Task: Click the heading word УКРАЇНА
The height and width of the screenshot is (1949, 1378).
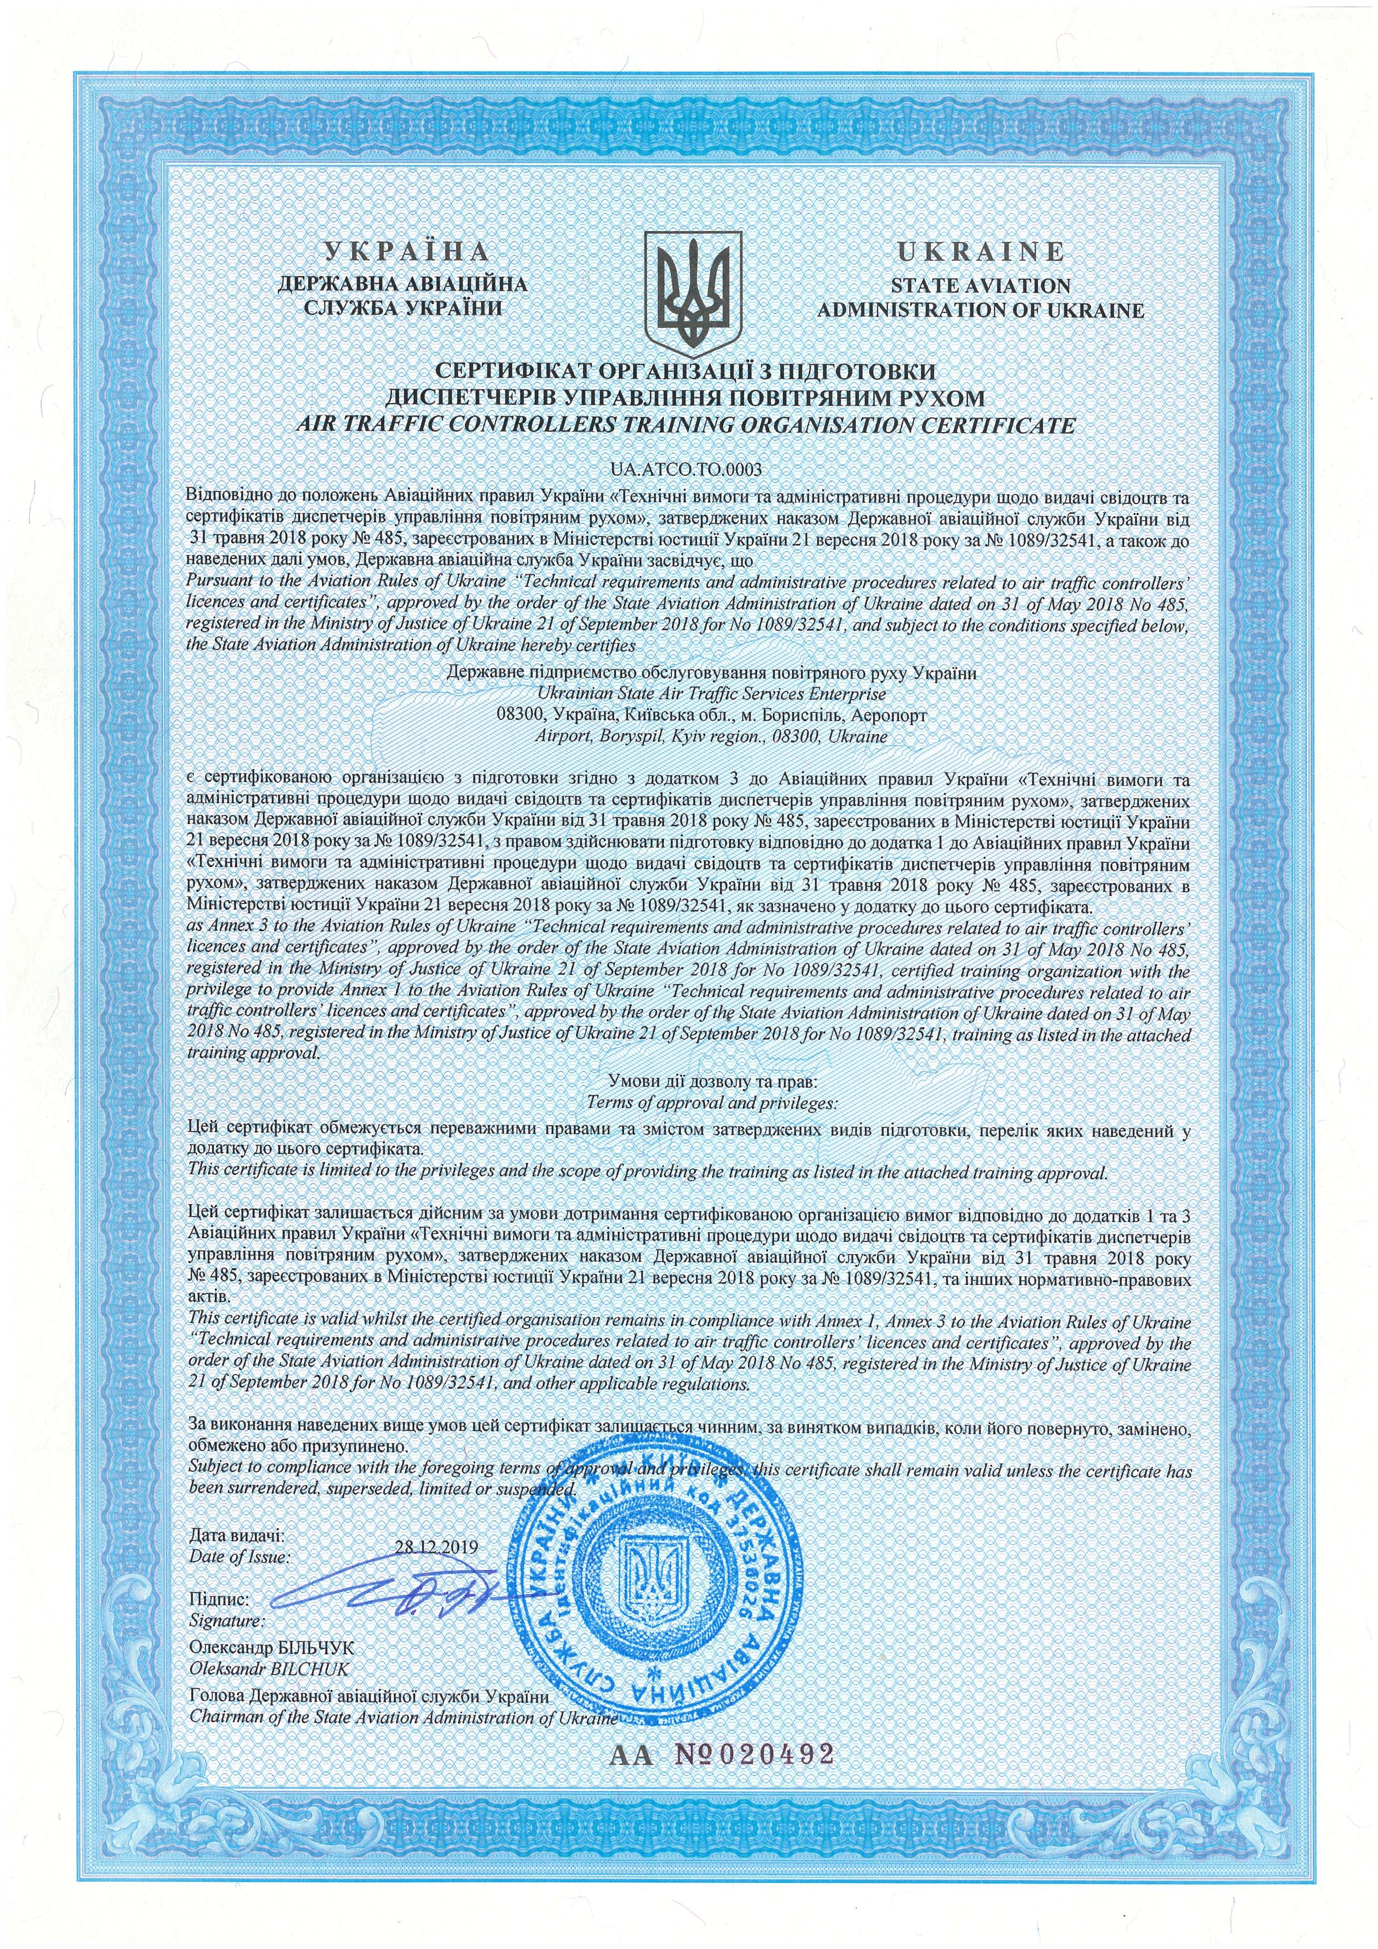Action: coord(407,252)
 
